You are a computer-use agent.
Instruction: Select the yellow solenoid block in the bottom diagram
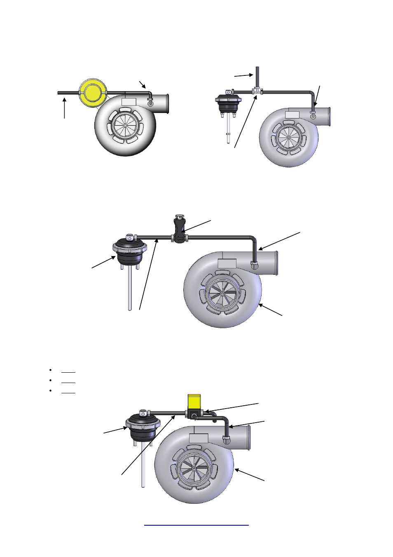(194, 402)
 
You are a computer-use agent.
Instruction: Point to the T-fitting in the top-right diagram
(257, 91)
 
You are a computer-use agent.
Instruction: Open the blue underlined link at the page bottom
(196, 525)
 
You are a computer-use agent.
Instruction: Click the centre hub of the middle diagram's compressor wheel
(222, 294)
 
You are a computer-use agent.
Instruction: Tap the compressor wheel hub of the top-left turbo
(125, 125)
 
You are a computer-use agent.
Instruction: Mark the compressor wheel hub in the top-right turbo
(289, 138)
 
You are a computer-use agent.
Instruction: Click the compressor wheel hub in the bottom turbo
(194, 469)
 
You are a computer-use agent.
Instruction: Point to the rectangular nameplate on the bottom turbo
(198, 438)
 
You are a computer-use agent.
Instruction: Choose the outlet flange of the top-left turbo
(166, 103)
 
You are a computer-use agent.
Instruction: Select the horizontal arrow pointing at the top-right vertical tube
(243, 75)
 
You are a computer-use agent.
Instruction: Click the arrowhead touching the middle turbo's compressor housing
(261, 306)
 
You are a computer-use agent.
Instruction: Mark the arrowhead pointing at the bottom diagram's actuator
(125, 428)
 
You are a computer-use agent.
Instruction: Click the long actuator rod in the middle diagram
(130, 289)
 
